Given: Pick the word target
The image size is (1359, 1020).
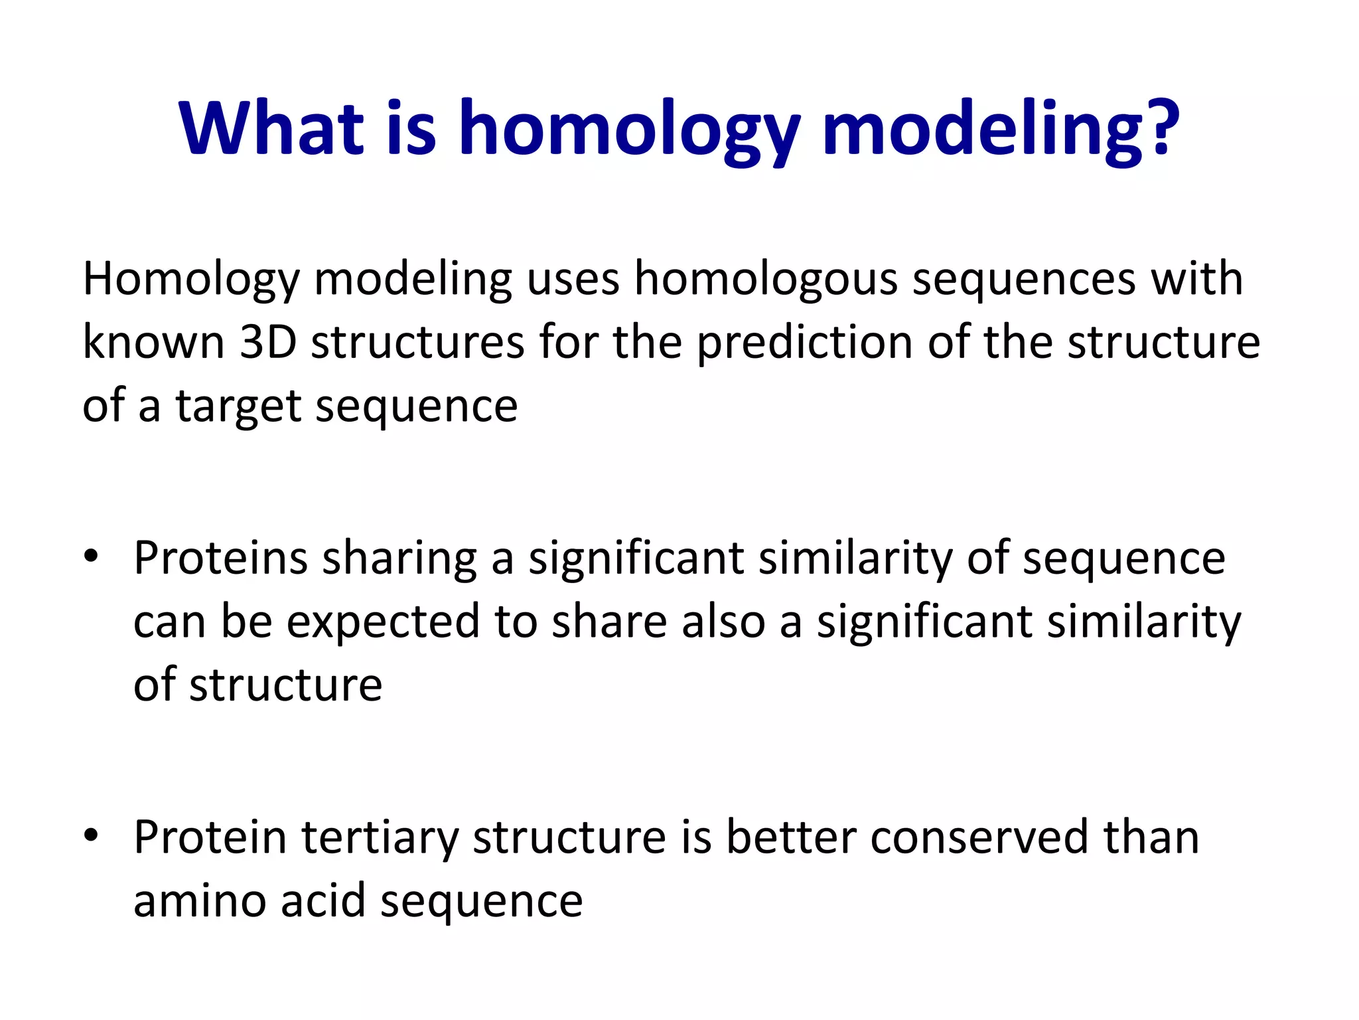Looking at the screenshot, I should (x=238, y=406).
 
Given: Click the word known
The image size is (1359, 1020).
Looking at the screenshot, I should (x=153, y=342).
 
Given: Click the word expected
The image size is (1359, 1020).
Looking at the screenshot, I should (x=383, y=622).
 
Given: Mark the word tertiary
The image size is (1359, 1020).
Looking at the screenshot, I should (x=380, y=838).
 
